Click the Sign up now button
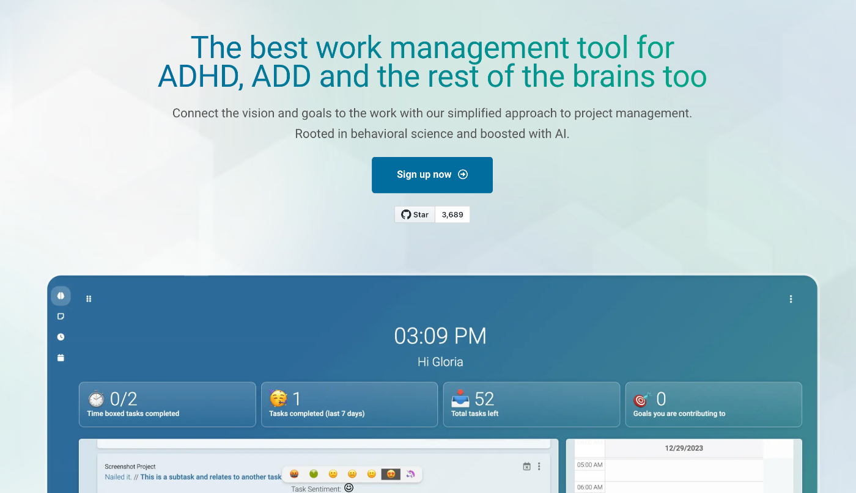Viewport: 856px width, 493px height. pyautogui.click(x=432, y=175)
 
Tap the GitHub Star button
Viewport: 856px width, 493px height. pyautogui.click(x=415, y=214)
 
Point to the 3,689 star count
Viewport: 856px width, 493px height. pyautogui.click(x=452, y=214)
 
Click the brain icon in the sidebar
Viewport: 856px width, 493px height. pyautogui.click(x=61, y=296)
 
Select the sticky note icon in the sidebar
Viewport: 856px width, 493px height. pyautogui.click(x=61, y=316)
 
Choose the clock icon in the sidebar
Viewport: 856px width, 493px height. pyautogui.click(x=61, y=337)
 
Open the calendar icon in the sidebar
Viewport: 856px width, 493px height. pyautogui.click(x=61, y=357)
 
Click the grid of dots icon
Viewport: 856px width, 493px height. pyautogui.click(x=89, y=299)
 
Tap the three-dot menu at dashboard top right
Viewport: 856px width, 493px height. pyautogui.click(x=791, y=299)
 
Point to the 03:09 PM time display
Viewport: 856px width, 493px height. pyautogui.click(x=440, y=336)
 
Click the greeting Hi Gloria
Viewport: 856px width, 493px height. pyautogui.click(x=440, y=362)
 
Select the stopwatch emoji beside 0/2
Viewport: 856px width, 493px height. pyautogui.click(x=96, y=399)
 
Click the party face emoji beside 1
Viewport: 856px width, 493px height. pyautogui.click(x=278, y=399)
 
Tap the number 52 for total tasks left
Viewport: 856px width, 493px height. pyautogui.click(x=484, y=399)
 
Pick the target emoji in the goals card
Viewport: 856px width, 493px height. pyautogui.click(x=641, y=400)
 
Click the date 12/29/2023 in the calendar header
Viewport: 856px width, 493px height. pyautogui.click(x=684, y=448)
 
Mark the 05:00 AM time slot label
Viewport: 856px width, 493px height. pyautogui.click(x=589, y=465)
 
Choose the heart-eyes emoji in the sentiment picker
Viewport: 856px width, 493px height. pyautogui.click(x=391, y=474)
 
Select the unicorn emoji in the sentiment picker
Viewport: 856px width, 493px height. pyautogui.click(x=410, y=474)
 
